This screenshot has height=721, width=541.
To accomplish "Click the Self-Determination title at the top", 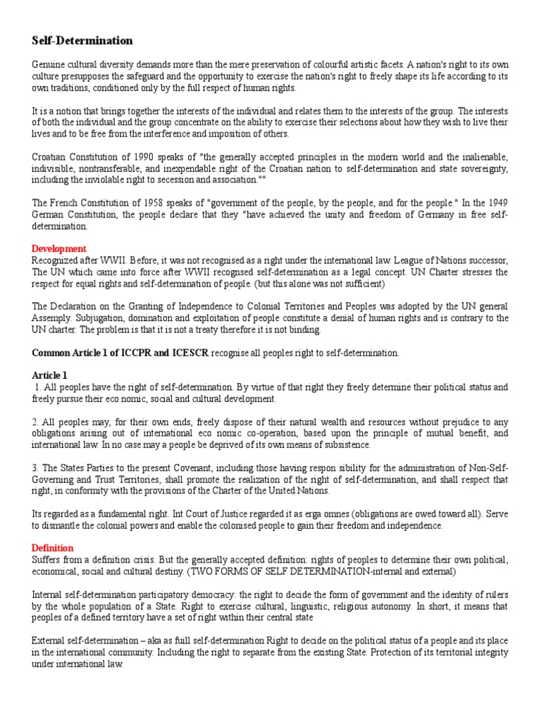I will pyautogui.click(x=82, y=41).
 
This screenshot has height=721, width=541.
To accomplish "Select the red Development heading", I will pyautogui.click(x=59, y=249).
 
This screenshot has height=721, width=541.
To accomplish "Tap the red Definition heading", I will pyautogui.click(x=53, y=548).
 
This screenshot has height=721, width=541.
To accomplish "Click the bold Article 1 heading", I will pyautogui.click(x=50, y=375).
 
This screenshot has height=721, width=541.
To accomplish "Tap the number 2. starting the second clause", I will pyautogui.click(x=36, y=422).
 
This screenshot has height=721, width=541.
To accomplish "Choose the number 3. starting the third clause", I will pyautogui.click(x=36, y=468).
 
